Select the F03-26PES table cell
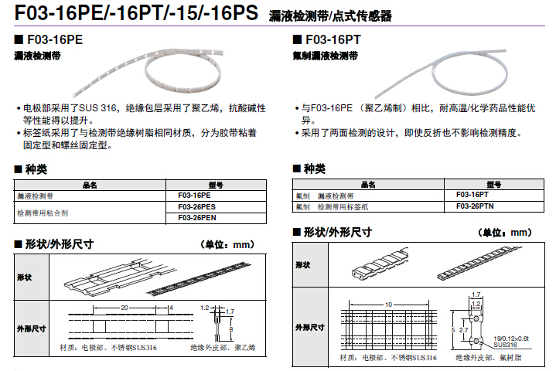point(196,207)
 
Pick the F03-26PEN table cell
point(196,217)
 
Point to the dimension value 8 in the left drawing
point(231,328)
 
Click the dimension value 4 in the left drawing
point(170,308)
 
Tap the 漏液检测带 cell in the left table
point(35,196)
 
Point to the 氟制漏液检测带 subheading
point(326,56)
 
